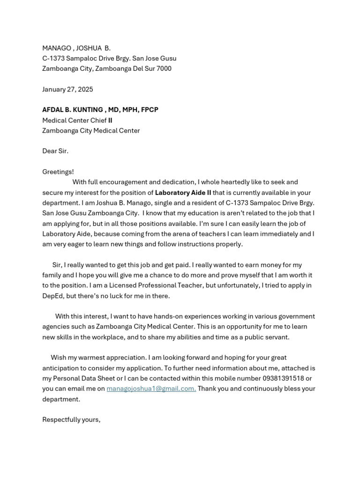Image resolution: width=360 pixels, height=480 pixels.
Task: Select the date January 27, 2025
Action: coord(67,90)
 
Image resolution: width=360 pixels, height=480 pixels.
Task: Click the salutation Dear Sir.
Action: coord(55,151)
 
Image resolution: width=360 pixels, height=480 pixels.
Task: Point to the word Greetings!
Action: coord(58,172)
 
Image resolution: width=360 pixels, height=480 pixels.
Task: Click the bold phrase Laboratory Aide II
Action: coord(183,193)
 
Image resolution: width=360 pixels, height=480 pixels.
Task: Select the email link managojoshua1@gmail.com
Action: coord(151,389)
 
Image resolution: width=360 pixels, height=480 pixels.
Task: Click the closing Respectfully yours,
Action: coord(71,420)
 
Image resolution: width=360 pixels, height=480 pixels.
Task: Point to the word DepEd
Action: coord(52,296)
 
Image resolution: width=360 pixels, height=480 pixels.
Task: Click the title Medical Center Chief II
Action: coord(77,120)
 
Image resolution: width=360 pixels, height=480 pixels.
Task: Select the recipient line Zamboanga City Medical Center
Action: coord(91,131)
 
